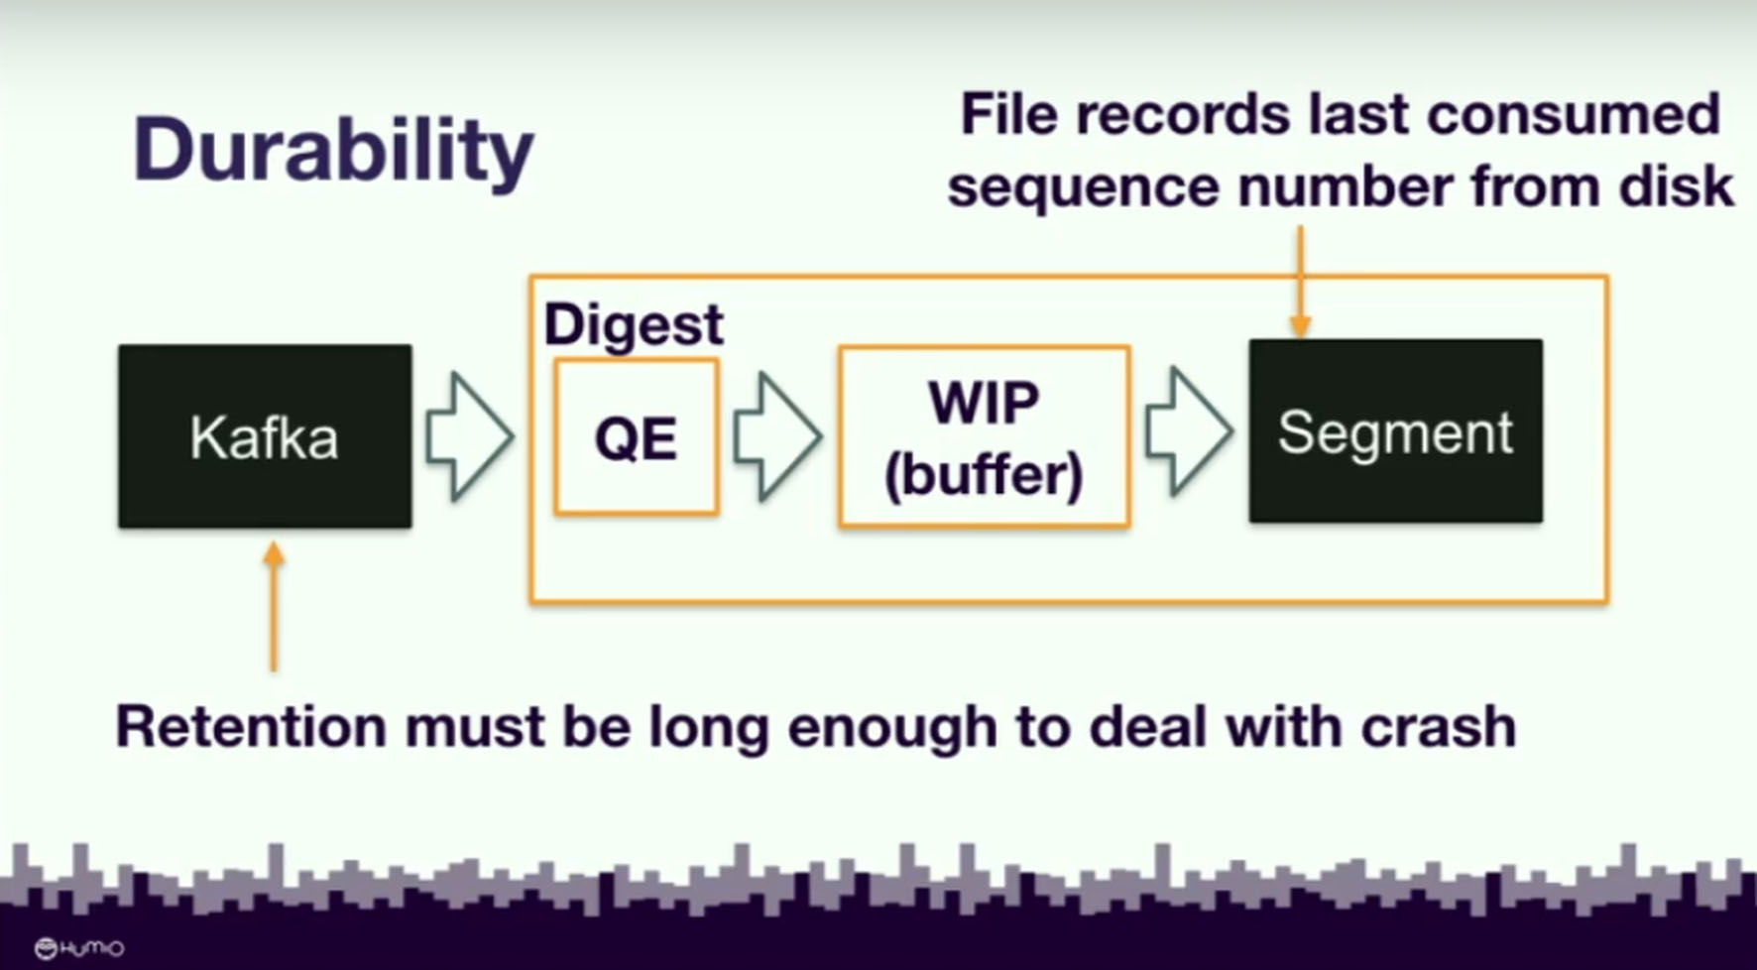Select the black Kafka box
click(x=265, y=436)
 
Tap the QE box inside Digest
click(x=637, y=437)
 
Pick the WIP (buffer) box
click(x=984, y=436)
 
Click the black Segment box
click(x=1395, y=431)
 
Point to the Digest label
click(x=634, y=325)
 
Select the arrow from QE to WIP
click(x=777, y=436)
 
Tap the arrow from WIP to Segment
click(x=1189, y=431)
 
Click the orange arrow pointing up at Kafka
click(x=275, y=607)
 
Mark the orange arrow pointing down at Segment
click(x=1300, y=282)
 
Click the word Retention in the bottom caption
click(x=251, y=727)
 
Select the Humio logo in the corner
click(x=79, y=949)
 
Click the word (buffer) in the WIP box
click(x=984, y=476)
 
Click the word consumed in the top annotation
click(x=1573, y=114)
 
